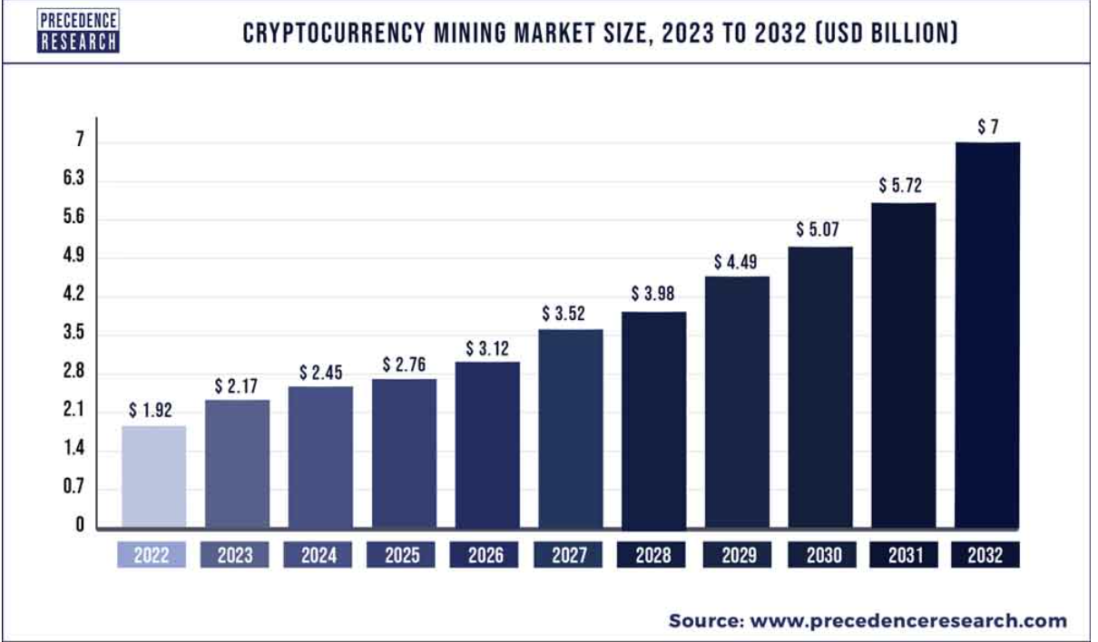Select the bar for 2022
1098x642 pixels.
coord(154,476)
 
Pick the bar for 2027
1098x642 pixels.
coord(571,428)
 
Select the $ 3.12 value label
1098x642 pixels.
coord(488,348)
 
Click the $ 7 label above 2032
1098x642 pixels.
coord(987,128)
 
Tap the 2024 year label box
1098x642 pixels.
coord(320,555)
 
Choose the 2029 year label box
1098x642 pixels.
coord(737,555)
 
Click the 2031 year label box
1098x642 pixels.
coord(903,555)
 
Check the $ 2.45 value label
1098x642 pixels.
coord(320,373)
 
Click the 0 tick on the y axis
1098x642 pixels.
coord(79,525)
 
